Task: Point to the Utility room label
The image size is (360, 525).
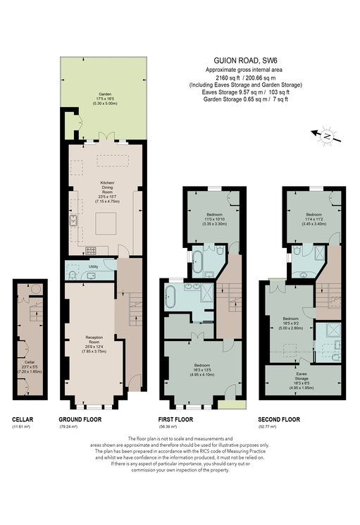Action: click(93, 267)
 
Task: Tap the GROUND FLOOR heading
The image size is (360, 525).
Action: click(80, 419)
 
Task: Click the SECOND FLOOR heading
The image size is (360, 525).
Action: click(279, 419)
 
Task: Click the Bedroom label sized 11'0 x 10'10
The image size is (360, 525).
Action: click(215, 217)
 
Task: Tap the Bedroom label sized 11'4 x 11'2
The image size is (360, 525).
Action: click(313, 217)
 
